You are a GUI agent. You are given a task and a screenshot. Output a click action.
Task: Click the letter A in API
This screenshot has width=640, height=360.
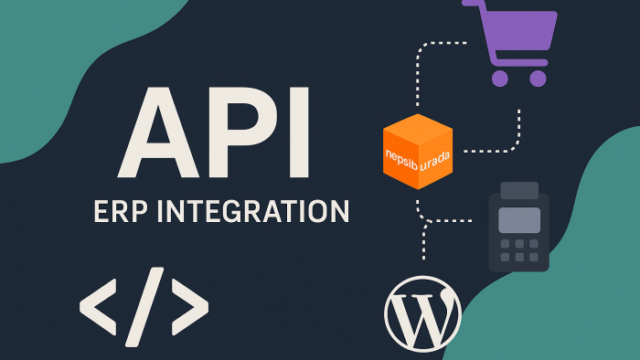tap(158, 132)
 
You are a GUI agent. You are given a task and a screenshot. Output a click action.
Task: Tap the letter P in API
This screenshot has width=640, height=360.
tap(240, 132)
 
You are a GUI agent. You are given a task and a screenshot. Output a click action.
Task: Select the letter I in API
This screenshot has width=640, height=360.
tap(299, 132)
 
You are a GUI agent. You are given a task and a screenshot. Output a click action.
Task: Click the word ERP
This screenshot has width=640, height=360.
tap(121, 211)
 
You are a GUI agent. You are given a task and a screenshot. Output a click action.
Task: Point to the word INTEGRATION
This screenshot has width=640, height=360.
tap(253, 211)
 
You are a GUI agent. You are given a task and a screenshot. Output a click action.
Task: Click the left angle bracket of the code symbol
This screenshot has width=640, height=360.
tap(98, 307)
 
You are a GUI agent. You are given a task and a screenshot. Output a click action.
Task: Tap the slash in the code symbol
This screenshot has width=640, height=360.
tap(144, 307)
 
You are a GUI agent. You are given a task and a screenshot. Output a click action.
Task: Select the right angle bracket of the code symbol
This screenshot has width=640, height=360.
tap(190, 307)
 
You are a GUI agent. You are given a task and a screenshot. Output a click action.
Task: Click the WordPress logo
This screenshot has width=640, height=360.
tap(422, 314)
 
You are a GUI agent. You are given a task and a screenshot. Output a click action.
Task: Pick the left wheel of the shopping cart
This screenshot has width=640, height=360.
tap(500, 79)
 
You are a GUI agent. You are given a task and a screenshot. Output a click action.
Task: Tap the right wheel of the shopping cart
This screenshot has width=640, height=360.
tap(538, 79)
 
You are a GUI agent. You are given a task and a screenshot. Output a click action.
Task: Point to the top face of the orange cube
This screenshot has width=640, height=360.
tap(418, 128)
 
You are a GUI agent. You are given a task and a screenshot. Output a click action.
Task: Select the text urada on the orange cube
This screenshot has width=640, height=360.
tap(435, 161)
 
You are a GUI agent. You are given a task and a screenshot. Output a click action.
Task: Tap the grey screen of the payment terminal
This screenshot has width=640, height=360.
tap(519, 220)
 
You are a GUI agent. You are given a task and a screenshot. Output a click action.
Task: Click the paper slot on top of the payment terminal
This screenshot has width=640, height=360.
tap(519, 190)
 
